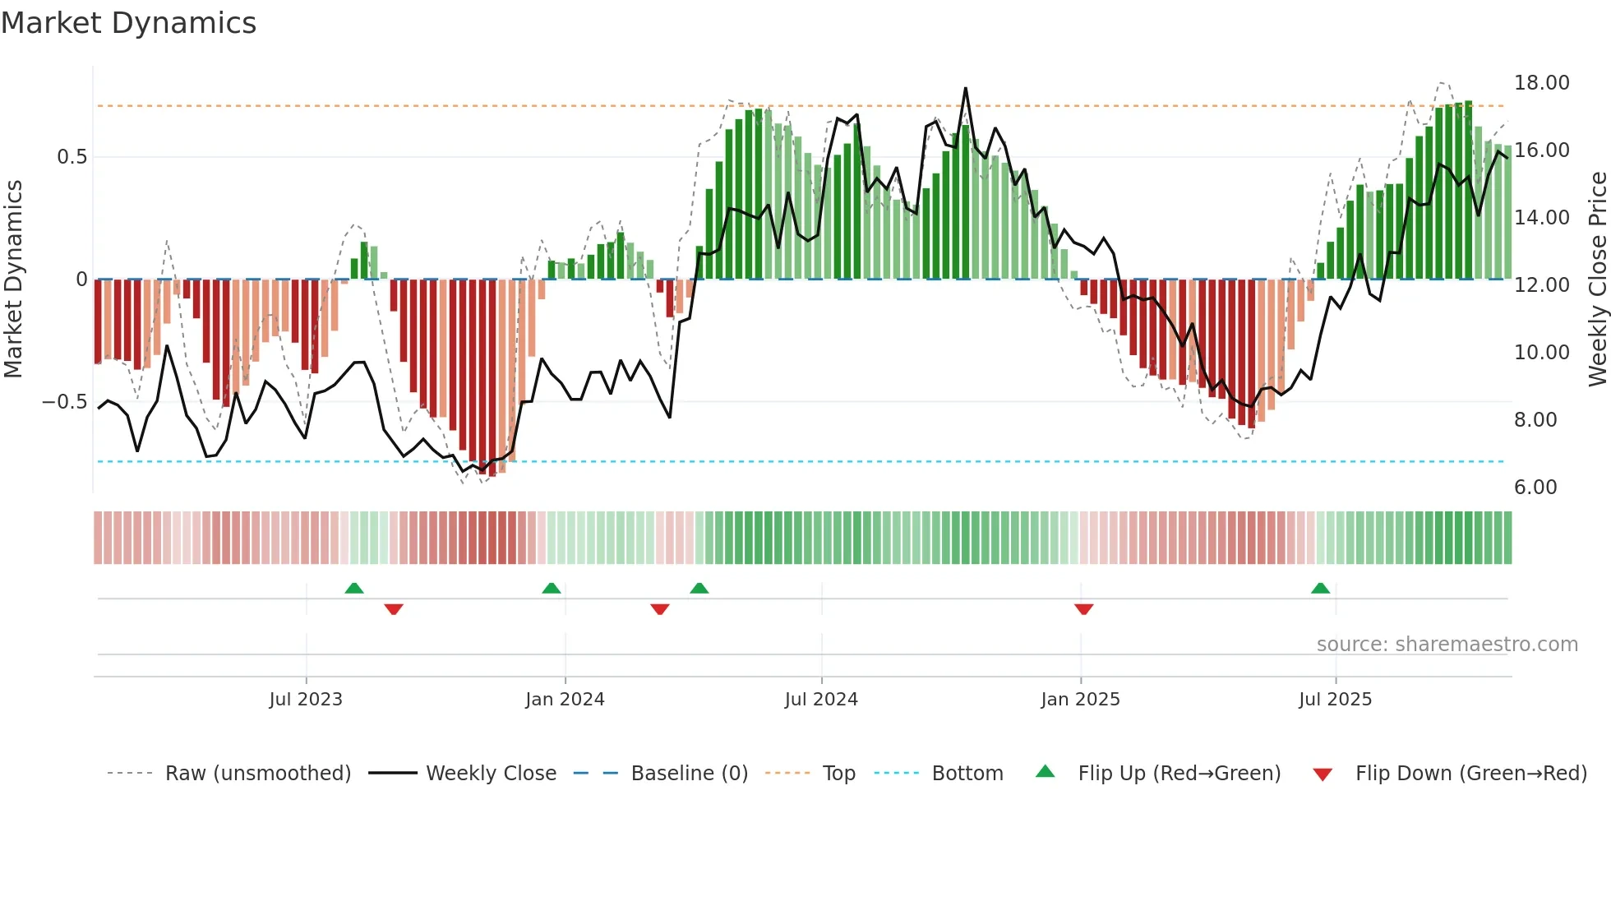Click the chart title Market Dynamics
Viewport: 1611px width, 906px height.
(128, 23)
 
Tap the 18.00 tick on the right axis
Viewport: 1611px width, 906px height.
(1541, 83)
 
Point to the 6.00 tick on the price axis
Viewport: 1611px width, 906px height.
(1535, 488)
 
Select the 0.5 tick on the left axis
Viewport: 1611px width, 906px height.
(72, 157)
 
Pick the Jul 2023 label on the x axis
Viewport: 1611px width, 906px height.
(306, 700)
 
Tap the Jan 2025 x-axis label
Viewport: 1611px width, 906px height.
(1080, 700)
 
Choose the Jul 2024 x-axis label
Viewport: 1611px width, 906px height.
(821, 700)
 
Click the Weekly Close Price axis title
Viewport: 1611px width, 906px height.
(1597, 280)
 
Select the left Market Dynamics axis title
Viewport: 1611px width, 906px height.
(13, 280)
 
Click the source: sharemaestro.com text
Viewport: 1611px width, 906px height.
(1447, 645)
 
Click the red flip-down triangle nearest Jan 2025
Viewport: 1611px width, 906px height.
(1083, 609)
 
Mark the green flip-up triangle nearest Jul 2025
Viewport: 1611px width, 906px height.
(1320, 588)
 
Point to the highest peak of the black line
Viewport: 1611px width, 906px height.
(965, 88)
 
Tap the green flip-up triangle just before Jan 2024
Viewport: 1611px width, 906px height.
(552, 588)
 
